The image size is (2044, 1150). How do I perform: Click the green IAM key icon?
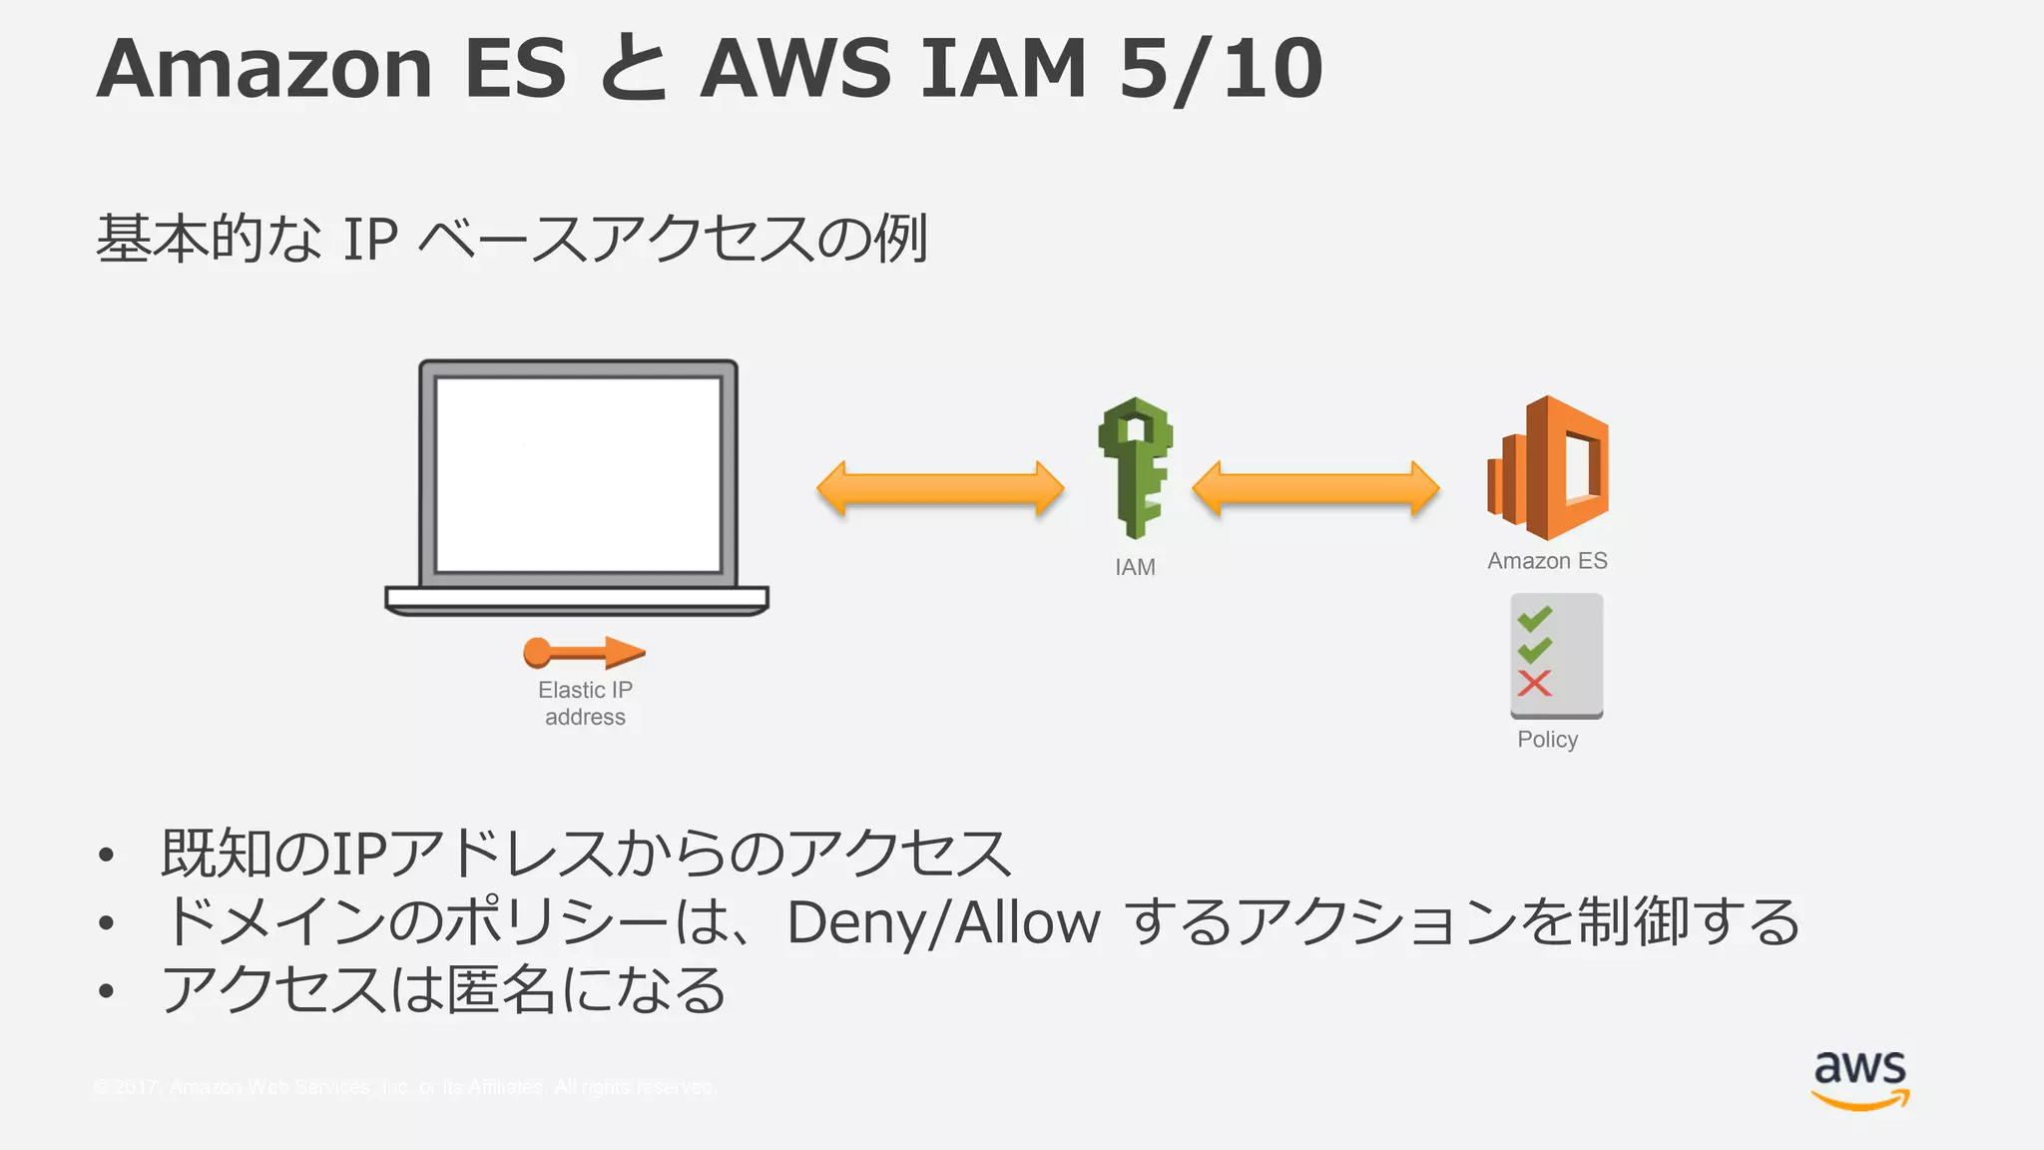[1136, 467]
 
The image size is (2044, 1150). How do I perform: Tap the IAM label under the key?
[1135, 567]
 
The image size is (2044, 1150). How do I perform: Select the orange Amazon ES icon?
[1548, 467]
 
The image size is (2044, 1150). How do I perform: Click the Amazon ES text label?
[1547, 561]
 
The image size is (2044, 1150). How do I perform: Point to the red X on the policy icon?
[1534, 684]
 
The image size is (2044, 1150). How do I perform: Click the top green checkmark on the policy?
[1534, 619]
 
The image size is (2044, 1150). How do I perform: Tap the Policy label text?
[1547, 740]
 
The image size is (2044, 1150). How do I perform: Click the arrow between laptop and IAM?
[940, 488]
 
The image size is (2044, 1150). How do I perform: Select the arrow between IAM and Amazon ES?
[1315, 488]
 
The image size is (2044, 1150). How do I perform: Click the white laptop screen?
[578, 474]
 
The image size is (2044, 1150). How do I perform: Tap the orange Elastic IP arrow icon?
[584, 653]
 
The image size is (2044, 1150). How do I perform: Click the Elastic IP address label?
[585, 703]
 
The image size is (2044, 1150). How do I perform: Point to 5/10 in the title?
[1220, 68]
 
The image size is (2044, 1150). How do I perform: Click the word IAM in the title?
[1002, 68]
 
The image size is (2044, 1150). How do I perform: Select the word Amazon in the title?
[264, 68]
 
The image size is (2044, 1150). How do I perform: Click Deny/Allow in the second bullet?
[943, 921]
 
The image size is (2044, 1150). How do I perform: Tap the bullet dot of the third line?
[107, 990]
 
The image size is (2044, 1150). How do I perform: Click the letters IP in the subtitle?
[370, 240]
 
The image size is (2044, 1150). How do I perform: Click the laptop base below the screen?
[577, 599]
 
